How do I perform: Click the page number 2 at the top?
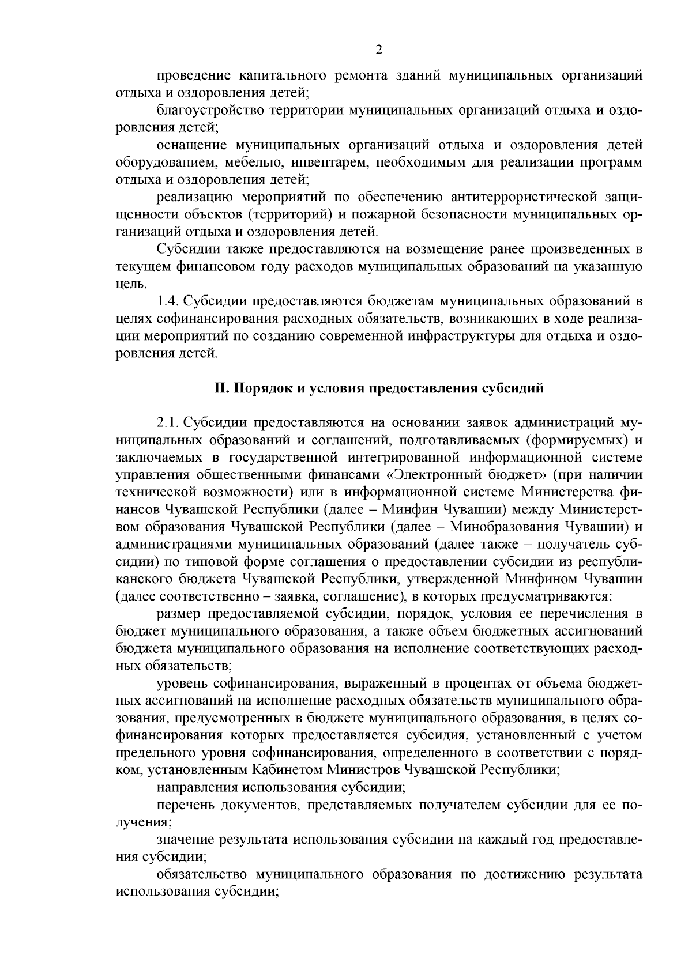379,50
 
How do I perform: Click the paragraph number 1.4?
167,301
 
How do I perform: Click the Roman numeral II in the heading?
222,388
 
